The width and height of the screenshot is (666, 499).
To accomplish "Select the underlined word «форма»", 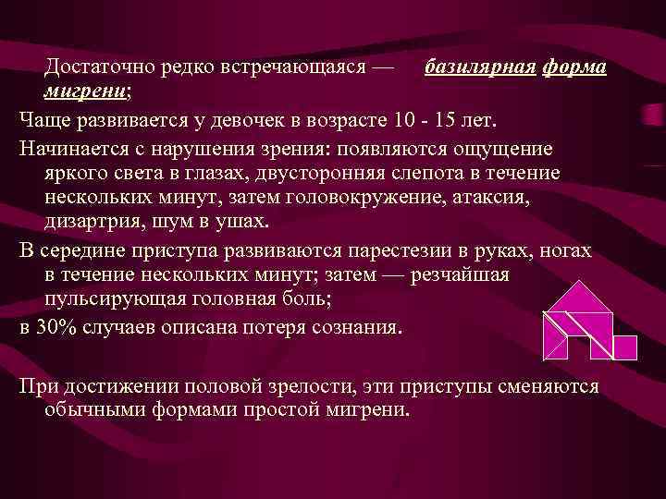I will pyautogui.click(x=574, y=68).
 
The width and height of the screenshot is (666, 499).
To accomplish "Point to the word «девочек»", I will pyautogui.click(x=289, y=121).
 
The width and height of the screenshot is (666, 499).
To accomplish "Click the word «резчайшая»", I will pyautogui.click(x=462, y=276).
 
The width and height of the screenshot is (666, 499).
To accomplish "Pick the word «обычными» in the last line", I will pyautogui.click(x=92, y=409).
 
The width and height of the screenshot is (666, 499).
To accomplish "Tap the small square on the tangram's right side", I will pyautogui.click(x=625, y=347).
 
